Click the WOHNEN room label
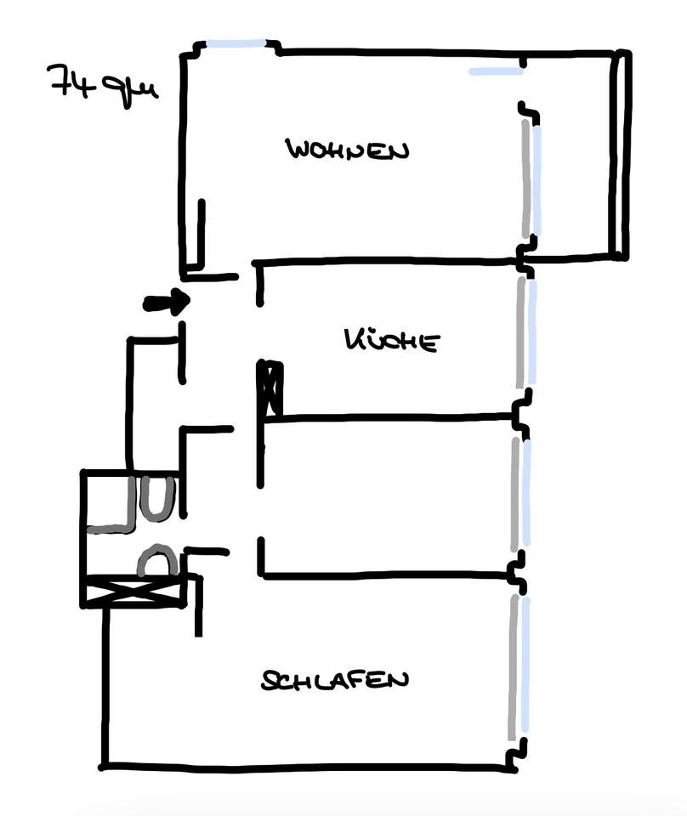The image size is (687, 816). [347, 150]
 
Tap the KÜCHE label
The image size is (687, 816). [392, 340]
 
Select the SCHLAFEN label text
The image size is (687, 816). [335, 680]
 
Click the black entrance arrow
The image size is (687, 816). [167, 301]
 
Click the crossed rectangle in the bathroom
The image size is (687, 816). [133, 592]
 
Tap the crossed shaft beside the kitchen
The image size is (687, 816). [270, 388]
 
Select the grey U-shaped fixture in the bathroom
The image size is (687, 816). [157, 498]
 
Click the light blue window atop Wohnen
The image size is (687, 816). [236, 43]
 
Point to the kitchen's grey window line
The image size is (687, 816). [521, 333]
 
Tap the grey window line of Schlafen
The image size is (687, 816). [514, 667]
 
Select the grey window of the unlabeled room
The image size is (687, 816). [515, 494]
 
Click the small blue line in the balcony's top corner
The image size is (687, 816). [496, 71]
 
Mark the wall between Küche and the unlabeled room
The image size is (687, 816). [388, 416]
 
